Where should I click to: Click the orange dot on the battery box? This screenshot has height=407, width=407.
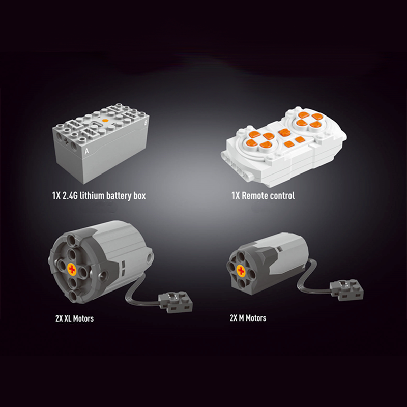105,120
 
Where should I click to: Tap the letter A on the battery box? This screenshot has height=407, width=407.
86,151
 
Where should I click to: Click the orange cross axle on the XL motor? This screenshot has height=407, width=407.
72,269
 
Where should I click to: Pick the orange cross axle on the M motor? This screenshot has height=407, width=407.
241,271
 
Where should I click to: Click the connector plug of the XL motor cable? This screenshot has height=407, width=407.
176,301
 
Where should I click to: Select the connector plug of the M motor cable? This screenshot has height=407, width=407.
346,289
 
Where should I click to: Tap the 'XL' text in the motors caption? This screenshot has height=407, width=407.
68,318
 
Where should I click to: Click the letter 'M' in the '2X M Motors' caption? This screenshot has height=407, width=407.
241,318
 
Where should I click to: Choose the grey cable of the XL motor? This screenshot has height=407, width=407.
135,292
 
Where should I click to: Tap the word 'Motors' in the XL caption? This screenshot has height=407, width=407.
83,318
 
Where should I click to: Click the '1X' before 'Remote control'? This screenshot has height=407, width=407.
236,196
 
